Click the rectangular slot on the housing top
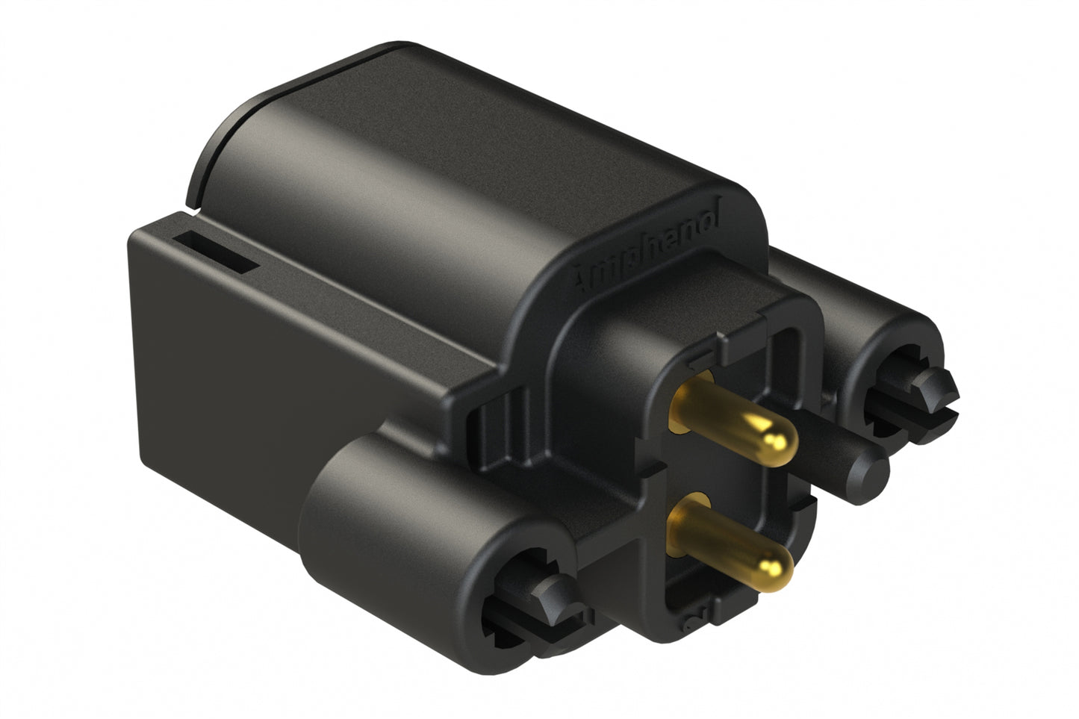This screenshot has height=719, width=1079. click(x=220, y=251)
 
